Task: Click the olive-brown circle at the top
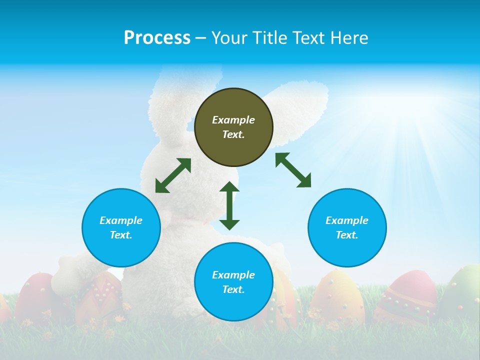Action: click(233, 127)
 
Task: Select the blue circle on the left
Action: click(121, 227)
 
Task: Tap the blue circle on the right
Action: click(347, 227)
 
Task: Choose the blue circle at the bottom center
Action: click(233, 282)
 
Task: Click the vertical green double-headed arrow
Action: click(229, 205)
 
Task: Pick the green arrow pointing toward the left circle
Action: click(173, 175)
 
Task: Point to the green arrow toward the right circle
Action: click(293, 170)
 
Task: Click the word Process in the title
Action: click(157, 37)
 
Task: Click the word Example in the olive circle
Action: click(233, 120)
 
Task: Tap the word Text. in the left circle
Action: click(121, 235)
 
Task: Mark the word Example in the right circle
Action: click(347, 220)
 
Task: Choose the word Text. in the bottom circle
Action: click(233, 289)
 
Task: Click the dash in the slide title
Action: click(200, 37)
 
